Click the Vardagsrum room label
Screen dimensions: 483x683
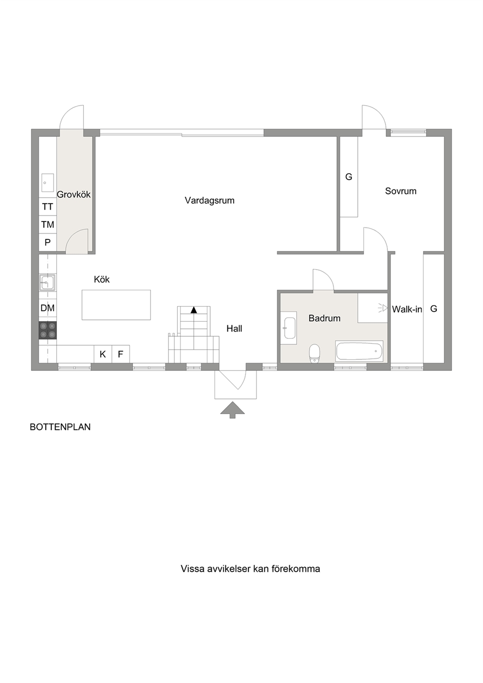click(209, 201)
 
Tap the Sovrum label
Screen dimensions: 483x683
click(400, 191)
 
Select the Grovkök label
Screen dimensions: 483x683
click(74, 195)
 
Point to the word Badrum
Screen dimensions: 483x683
click(324, 318)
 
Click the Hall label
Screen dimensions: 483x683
click(234, 329)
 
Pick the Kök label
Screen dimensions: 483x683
click(102, 279)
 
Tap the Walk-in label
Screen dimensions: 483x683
click(407, 309)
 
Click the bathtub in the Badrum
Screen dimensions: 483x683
click(359, 351)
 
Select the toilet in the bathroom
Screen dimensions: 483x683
click(314, 353)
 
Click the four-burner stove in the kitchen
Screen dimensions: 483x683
click(48, 330)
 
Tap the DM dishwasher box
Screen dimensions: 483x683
click(48, 308)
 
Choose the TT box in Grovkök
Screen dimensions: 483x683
click(48, 207)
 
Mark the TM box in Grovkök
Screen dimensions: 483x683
click(48, 225)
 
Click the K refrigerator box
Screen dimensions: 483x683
click(103, 354)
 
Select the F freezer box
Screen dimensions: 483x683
click(121, 354)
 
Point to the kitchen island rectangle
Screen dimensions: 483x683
click(116, 305)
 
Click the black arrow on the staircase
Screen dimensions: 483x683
click(194, 310)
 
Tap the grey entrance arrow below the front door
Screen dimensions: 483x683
click(232, 410)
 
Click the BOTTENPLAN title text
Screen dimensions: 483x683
click(60, 427)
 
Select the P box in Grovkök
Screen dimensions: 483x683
click(48, 242)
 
